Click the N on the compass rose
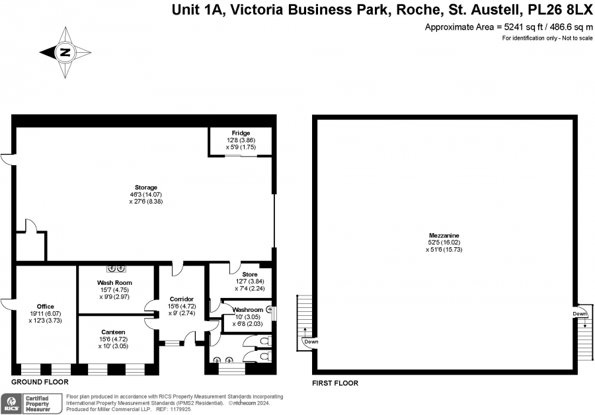click(x=65, y=52)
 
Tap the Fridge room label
click(x=241, y=133)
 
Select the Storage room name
click(x=146, y=188)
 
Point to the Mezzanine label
click(x=444, y=235)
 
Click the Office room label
click(x=45, y=307)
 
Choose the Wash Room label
click(x=114, y=283)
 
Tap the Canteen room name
click(x=113, y=332)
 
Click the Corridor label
click(x=182, y=299)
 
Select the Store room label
click(x=250, y=274)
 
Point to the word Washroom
click(x=248, y=310)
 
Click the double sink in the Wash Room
click(x=116, y=268)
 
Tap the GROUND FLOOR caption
click(x=40, y=382)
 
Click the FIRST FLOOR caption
click(x=335, y=383)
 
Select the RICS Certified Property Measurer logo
click(x=31, y=404)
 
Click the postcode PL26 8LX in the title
click(x=560, y=10)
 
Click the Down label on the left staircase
click(x=311, y=342)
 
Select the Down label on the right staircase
click(x=580, y=314)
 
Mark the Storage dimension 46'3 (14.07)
click(x=146, y=194)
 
